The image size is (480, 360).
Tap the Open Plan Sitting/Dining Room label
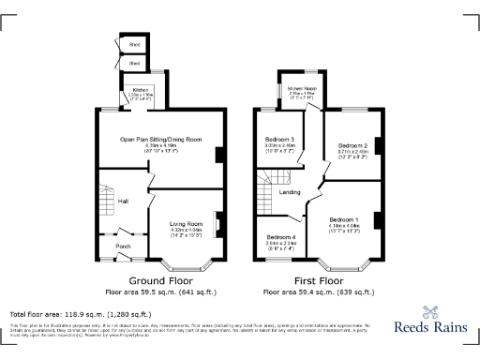coord(160,139)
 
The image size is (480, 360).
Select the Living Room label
coord(186,224)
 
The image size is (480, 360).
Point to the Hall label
coord(123,202)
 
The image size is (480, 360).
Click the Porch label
coord(123,247)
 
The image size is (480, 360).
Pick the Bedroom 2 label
coord(352,146)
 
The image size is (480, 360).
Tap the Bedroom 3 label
coord(280,140)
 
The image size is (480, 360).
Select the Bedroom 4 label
coord(280,237)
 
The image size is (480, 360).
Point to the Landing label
coord(291,192)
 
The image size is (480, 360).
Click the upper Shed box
coord(135,44)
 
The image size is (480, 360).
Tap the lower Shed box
coord(135,63)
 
